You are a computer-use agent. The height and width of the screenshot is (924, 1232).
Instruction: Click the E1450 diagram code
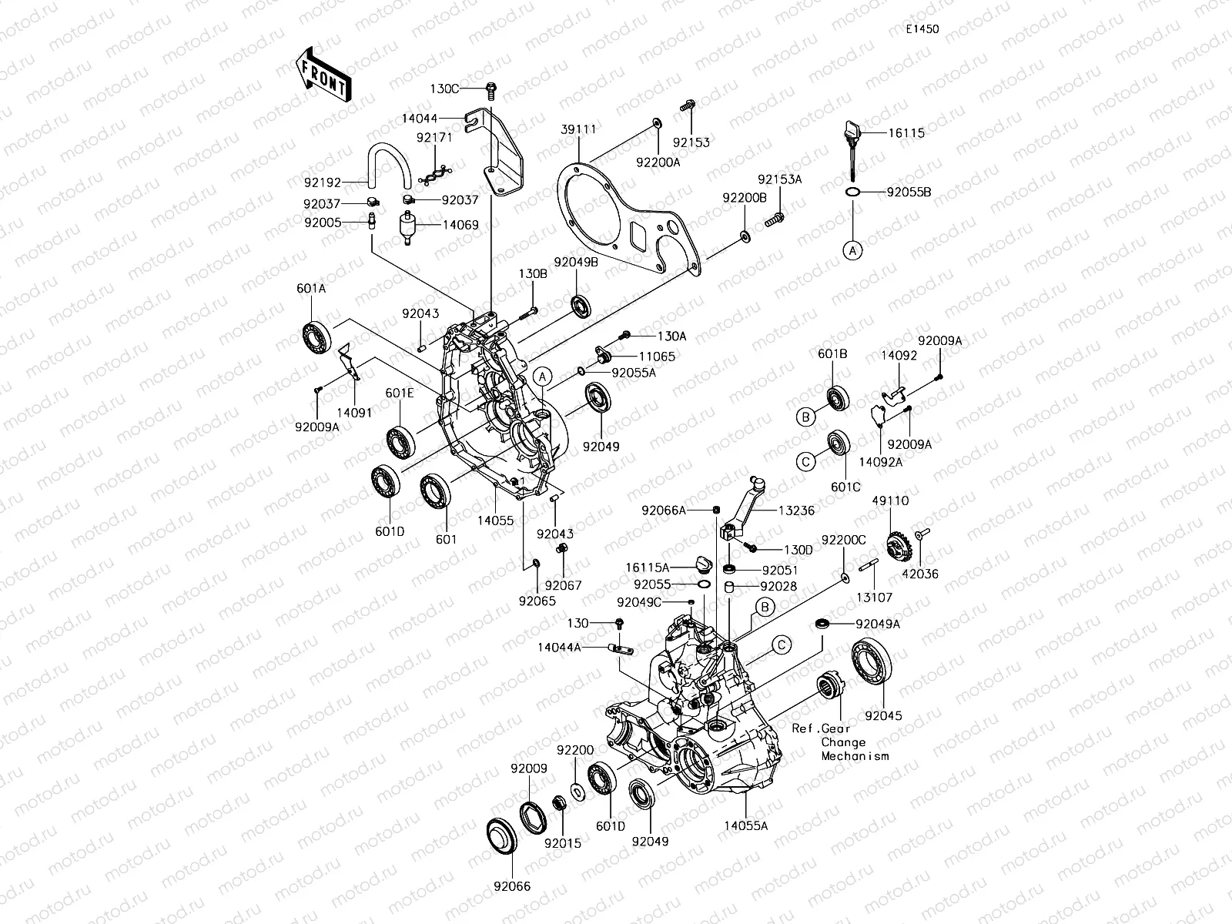pyautogui.click(x=922, y=29)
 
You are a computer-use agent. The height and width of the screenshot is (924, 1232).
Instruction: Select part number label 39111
pyautogui.click(x=578, y=129)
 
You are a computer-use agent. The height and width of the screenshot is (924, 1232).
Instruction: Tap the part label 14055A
pyautogui.click(x=745, y=825)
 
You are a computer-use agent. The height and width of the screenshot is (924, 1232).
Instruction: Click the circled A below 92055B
pyautogui.click(x=852, y=249)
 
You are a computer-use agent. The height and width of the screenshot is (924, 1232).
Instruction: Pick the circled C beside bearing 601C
pyautogui.click(x=805, y=462)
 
